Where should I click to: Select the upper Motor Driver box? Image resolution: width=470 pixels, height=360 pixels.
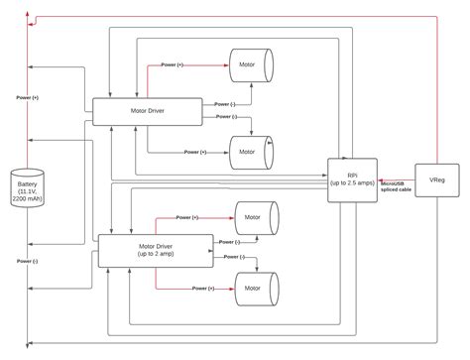coord(147,111)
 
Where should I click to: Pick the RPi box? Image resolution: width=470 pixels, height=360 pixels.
coord(352,180)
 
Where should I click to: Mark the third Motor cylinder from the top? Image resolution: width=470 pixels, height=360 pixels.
coord(255,217)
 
